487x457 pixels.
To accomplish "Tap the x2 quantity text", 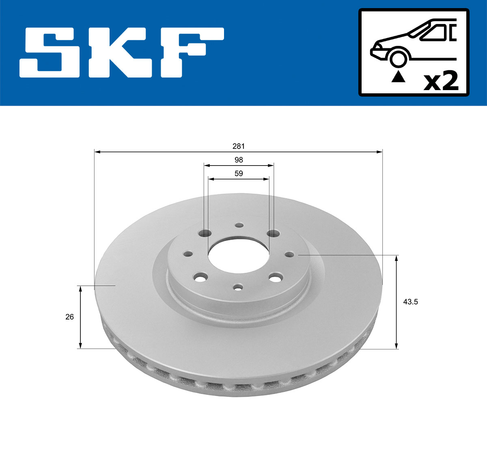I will [441, 81].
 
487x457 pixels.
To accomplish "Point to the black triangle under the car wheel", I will [398, 76].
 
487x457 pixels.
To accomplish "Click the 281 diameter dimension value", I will [239, 146].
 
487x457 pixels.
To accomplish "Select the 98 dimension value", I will [239, 160].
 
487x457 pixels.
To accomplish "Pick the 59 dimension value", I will [239, 173].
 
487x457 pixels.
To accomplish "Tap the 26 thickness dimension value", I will [70, 317].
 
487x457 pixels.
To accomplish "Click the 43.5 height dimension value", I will [411, 302].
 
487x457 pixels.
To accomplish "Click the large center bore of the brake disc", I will [239, 255].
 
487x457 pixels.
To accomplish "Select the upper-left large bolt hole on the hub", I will [206, 233].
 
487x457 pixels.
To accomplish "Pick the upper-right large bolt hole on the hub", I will [274, 233].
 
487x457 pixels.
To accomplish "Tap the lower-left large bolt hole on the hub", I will [200, 278].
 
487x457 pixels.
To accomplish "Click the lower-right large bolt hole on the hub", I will [276, 278].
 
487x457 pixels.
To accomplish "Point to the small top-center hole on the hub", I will [239, 225].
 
